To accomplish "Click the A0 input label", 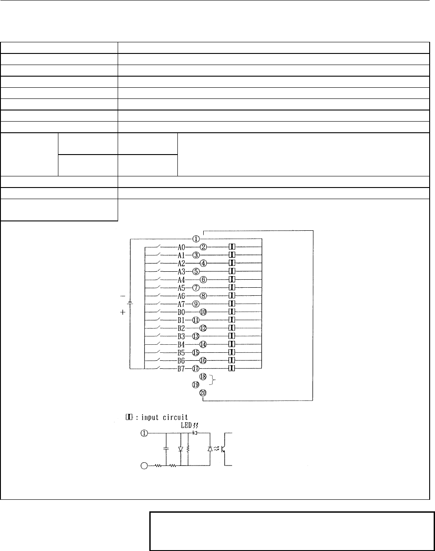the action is pos(181,247).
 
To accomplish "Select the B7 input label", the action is pos(181,369).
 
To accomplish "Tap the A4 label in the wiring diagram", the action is pos(181,280).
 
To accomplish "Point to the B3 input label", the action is pos(181,336).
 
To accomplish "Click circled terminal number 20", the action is pos(203,393).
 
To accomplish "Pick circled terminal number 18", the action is pos(203,377).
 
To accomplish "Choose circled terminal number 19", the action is pos(196,385).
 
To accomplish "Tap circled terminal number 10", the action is pos(203,312).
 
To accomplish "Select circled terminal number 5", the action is pos(196,271).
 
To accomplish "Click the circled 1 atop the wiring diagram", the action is pos(196,239).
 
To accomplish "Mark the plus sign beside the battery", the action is pos(123,312).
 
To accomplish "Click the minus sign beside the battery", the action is pos(123,296).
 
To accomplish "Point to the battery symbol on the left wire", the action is pos(130,303).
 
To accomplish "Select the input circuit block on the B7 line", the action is pos(232,369).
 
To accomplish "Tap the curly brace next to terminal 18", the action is pos(213,380).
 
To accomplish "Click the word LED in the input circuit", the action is pos(186,426).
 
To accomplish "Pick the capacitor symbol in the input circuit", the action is pos(166,449).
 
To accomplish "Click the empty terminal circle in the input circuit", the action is pos(144,466).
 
